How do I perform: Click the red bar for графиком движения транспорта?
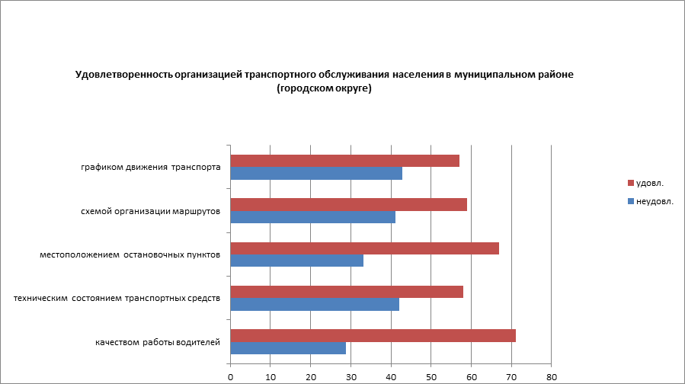(344, 161)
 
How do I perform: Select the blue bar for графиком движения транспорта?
(316, 173)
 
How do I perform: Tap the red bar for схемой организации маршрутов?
(348, 204)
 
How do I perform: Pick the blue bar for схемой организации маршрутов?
(312, 217)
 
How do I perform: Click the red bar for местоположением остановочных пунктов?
(364, 248)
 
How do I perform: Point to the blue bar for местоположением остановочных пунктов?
(296, 261)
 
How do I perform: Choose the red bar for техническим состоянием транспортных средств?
(347, 292)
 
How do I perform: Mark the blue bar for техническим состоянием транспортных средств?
(315, 305)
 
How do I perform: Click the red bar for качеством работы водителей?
(373, 335)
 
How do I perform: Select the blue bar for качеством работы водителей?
(288, 348)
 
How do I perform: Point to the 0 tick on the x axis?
(230, 376)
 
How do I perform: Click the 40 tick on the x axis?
(391, 376)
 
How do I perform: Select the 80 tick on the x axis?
(552, 376)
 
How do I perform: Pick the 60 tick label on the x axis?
(472, 376)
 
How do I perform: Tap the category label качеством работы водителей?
(158, 342)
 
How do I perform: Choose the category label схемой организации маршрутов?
(151, 211)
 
